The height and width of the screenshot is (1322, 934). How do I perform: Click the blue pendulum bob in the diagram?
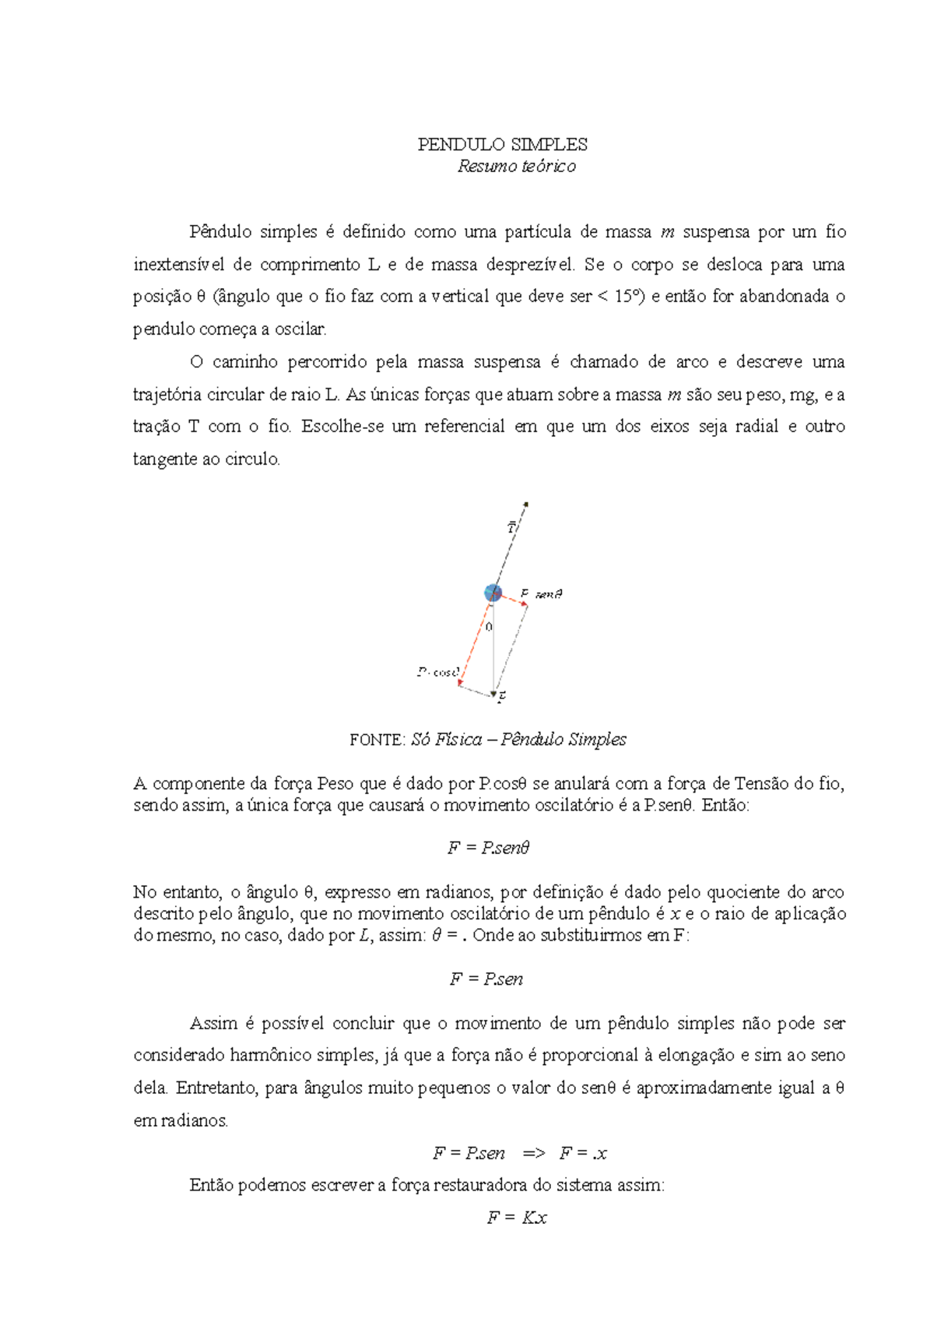pos(493,593)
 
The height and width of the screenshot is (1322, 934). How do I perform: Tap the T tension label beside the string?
pos(511,528)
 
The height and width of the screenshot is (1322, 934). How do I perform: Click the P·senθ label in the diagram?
pos(542,594)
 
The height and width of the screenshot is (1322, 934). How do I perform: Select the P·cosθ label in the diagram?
pos(438,672)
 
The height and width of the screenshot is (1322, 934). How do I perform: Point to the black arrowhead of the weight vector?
pos(493,693)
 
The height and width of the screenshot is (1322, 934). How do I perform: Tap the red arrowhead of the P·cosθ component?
pos(460,684)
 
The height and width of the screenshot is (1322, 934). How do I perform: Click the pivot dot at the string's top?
pos(527,505)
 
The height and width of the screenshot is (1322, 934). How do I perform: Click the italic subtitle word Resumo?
pos(481,167)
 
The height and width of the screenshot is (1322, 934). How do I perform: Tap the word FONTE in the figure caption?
pos(377,740)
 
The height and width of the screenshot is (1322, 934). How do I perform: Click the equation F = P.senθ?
pos(489,848)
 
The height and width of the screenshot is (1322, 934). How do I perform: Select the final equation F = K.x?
pos(517,1218)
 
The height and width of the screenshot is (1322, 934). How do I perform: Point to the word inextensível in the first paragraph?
pos(178,265)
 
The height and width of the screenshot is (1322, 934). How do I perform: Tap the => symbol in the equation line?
pos(534,1153)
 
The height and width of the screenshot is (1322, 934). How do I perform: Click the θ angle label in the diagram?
pos(489,627)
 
